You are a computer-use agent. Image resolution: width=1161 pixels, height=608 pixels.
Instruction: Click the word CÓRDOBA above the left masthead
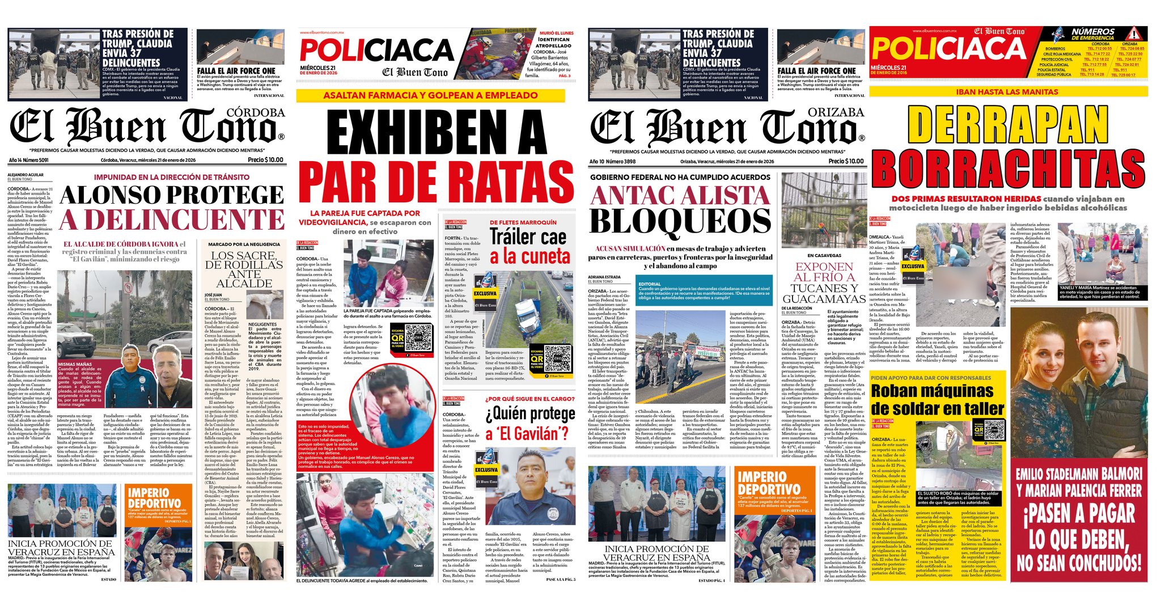(255, 113)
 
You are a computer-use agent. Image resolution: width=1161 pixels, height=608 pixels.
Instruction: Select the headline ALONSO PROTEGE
(172, 195)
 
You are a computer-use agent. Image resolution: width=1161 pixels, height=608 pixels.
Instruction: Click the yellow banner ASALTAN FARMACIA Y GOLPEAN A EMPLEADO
(430, 95)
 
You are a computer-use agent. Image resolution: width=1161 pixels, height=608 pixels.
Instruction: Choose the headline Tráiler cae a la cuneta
(528, 246)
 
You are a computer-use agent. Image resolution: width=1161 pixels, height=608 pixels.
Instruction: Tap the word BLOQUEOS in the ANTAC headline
(680, 221)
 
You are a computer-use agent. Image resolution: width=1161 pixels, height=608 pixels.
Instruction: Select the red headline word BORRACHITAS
(1011, 168)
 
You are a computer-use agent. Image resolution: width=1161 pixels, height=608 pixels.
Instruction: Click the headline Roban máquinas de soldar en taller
(937, 399)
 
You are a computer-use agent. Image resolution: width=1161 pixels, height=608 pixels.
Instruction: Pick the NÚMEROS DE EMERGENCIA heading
(1092, 33)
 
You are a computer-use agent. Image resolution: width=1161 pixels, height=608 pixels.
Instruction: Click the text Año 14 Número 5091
(28, 161)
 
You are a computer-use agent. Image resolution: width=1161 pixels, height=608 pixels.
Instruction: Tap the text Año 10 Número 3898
(613, 162)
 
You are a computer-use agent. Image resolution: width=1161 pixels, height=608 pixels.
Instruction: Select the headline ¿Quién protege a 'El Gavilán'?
(529, 424)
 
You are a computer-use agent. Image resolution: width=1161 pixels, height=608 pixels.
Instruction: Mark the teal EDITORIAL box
(704, 292)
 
